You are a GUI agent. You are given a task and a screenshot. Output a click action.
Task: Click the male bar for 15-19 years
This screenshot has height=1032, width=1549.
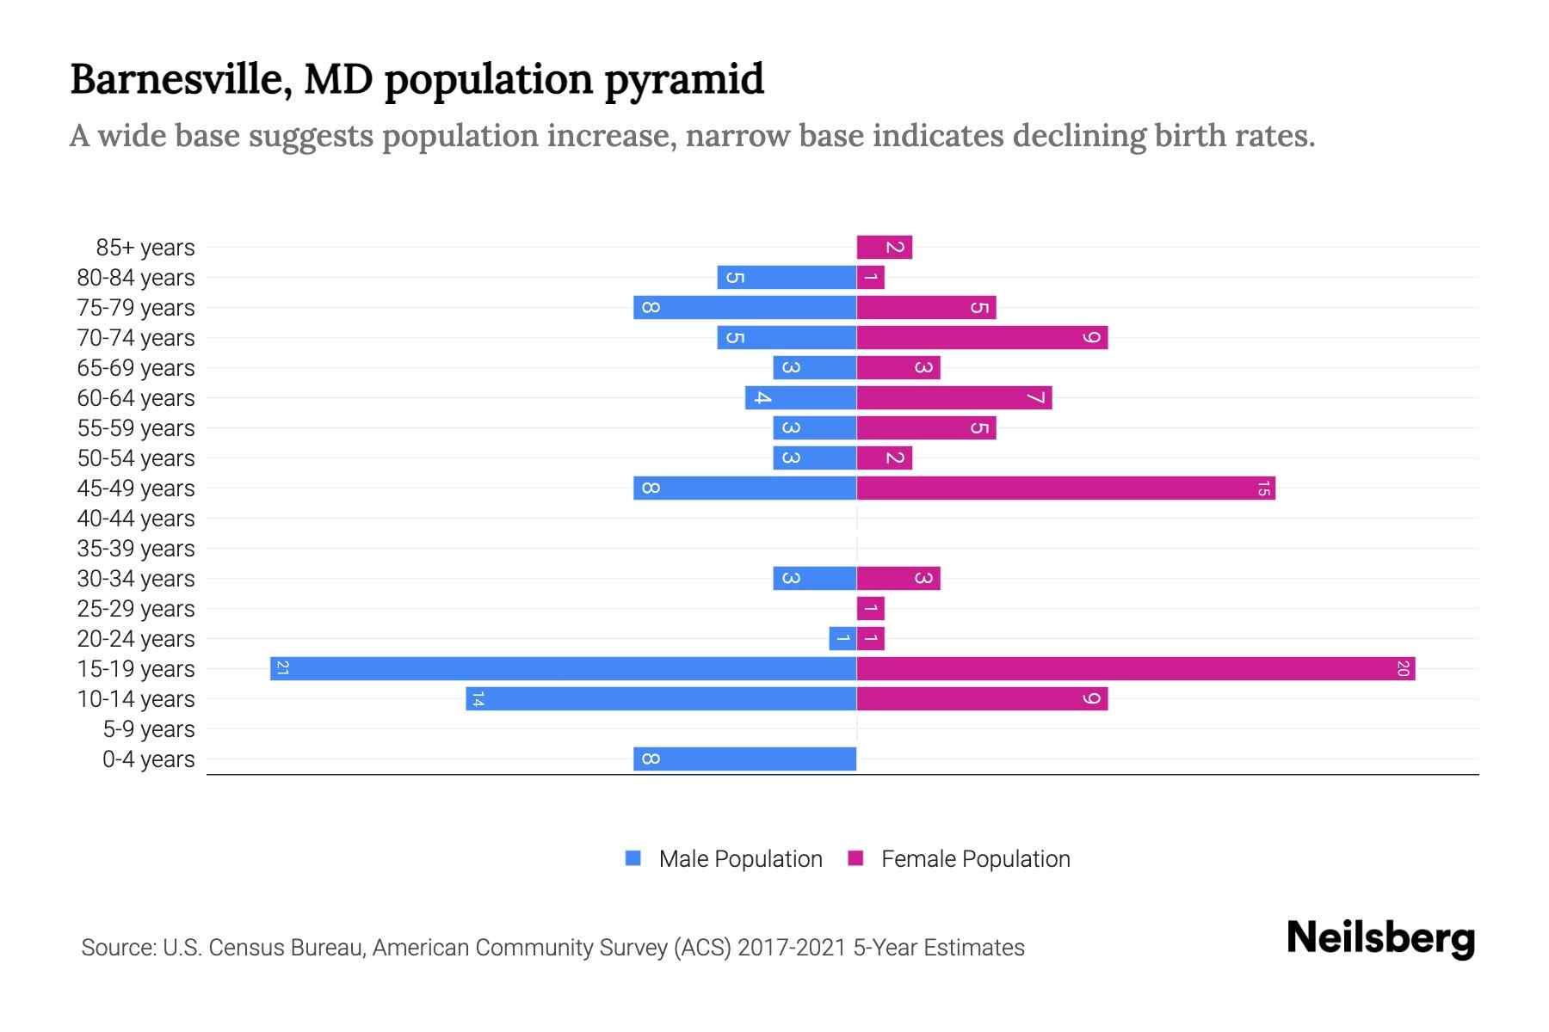click(564, 668)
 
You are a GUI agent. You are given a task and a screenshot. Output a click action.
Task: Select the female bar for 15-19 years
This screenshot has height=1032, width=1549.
click(1136, 668)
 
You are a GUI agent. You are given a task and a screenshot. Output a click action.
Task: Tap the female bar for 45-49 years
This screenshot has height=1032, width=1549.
click(1065, 488)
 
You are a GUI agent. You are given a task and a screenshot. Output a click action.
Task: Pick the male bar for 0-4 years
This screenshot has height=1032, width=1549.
click(745, 759)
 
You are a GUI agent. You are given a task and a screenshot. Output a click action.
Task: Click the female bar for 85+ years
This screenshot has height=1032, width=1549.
click(885, 248)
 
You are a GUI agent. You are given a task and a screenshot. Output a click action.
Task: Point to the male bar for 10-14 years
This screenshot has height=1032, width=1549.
click(661, 698)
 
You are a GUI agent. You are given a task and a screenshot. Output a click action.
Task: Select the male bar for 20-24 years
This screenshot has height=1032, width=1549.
click(842, 638)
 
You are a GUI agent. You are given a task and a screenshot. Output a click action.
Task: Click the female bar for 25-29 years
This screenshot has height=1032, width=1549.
click(871, 608)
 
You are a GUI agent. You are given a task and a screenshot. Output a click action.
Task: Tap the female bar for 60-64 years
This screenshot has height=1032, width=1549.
click(954, 397)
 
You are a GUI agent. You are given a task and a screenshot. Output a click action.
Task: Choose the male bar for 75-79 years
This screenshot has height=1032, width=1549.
click(745, 307)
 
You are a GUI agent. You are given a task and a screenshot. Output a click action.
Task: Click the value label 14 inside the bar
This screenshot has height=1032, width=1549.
click(478, 699)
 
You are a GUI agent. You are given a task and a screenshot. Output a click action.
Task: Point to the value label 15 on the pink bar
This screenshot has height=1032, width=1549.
click(1263, 488)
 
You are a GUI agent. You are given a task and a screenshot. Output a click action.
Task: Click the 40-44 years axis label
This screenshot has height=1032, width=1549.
click(136, 519)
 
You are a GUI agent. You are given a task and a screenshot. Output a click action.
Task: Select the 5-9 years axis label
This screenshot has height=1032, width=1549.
click(149, 729)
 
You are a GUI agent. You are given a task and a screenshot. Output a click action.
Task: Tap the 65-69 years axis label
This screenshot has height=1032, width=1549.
click(136, 368)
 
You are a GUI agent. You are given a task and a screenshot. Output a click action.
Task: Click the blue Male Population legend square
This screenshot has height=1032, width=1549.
click(633, 858)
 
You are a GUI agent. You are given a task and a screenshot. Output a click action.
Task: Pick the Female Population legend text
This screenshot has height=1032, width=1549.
click(975, 858)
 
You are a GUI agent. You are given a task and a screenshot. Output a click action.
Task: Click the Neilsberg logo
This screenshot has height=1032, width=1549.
click(1380, 938)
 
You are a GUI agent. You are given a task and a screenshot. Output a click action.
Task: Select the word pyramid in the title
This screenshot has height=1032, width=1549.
click(683, 80)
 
